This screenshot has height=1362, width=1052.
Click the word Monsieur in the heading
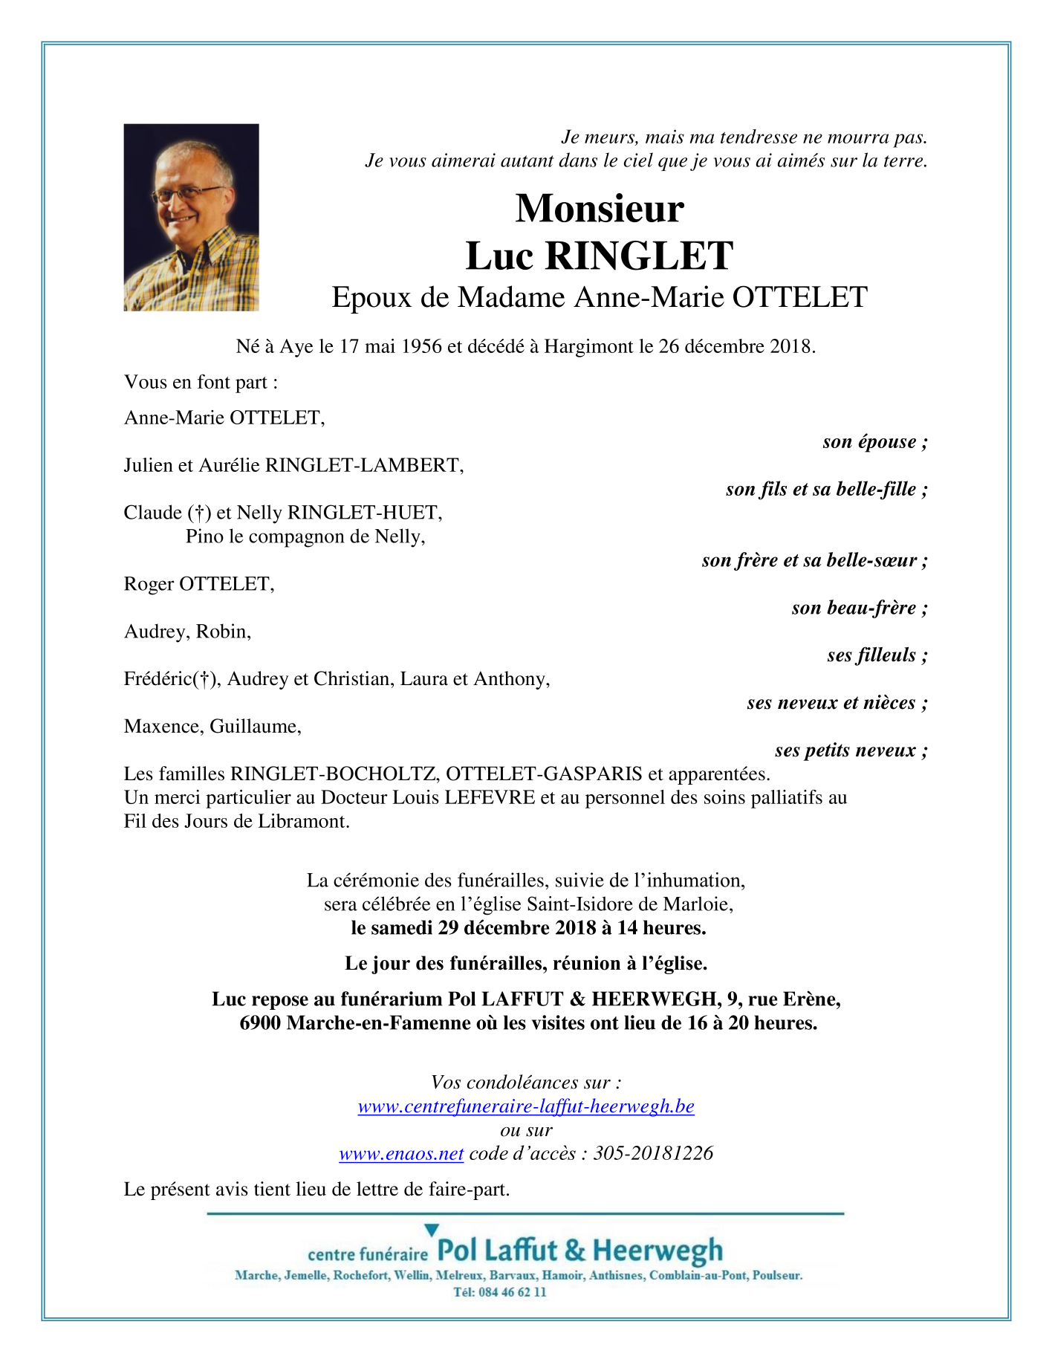coord(599,209)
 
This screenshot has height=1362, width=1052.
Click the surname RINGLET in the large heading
coord(639,256)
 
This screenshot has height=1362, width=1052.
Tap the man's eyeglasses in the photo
coord(189,195)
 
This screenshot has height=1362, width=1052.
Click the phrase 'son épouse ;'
coord(874,442)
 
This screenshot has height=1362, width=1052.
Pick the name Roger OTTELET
coord(198,584)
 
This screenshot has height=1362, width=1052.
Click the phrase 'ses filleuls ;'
coord(877,655)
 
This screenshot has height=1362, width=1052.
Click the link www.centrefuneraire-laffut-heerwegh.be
coord(526,1106)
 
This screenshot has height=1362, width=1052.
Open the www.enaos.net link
coord(401,1154)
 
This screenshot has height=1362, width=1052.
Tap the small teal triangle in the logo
coord(432,1230)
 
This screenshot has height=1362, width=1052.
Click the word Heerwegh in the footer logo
coord(657,1251)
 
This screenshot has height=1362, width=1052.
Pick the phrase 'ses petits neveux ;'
coord(851,750)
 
